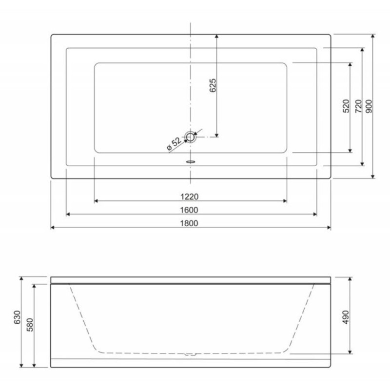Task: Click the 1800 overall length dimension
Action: [x=189, y=223]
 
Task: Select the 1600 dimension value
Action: [x=189, y=210]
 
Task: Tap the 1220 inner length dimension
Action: [x=189, y=197]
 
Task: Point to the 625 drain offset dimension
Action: [x=213, y=85]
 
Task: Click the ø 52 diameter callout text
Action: [x=174, y=144]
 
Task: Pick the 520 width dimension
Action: [x=346, y=106]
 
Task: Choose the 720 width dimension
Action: [x=358, y=106]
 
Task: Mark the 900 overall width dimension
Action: [x=369, y=106]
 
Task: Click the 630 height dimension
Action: [x=17, y=317]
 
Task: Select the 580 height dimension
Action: [x=30, y=325]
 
